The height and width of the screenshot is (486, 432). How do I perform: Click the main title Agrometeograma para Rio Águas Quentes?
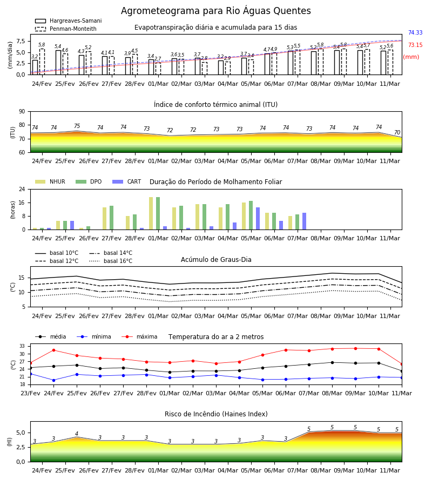click(x=215, y=11)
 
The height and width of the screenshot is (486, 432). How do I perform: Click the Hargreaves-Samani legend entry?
click(x=69, y=21)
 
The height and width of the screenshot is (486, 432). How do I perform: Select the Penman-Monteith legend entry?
click(x=66, y=29)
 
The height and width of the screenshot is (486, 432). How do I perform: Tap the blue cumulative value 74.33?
click(x=415, y=32)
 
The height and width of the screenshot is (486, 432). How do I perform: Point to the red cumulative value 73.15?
click(x=415, y=45)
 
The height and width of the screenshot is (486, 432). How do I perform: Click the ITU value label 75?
click(x=77, y=126)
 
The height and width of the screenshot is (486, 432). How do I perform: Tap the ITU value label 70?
click(x=397, y=132)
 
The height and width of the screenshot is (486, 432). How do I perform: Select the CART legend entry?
click(x=127, y=181)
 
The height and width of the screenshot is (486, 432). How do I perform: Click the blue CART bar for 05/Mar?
click(x=258, y=219)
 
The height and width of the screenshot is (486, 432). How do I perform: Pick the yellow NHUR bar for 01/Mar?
click(x=151, y=213)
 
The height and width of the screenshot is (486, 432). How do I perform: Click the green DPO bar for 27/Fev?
click(x=112, y=218)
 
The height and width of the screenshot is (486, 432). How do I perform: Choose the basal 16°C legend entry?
click(x=111, y=261)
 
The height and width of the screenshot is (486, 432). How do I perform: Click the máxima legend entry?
click(x=139, y=336)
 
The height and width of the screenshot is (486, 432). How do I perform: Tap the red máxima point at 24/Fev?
click(x=53, y=350)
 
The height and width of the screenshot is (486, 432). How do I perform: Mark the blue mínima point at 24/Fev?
click(x=53, y=380)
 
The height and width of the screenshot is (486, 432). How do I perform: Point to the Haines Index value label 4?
click(x=77, y=434)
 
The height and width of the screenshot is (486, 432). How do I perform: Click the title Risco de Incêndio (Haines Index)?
click(x=216, y=414)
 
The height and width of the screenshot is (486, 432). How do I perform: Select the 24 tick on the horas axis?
click(x=22, y=189)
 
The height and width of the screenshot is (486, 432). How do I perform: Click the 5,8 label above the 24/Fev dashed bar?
click(x=42, y=45)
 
